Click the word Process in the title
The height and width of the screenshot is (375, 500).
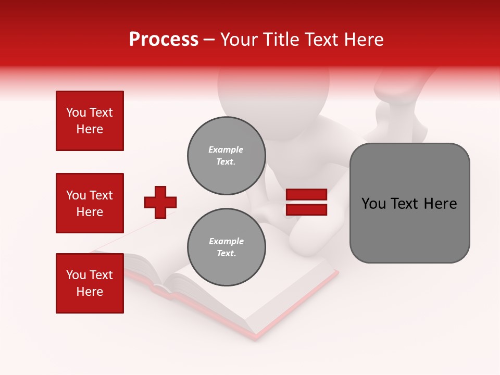coord(164,40)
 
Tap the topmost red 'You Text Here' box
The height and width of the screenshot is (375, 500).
coord(90,121)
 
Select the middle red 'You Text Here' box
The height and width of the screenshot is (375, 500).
coord(90,203)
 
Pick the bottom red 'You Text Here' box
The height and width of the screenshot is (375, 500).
coord(90,283)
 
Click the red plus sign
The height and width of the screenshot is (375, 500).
coord(160,202)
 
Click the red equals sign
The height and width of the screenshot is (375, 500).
coord(306,202)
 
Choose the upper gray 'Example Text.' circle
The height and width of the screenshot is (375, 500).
coord(226,156)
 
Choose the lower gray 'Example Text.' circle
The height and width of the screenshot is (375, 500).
coord(226,247)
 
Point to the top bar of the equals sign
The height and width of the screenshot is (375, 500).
coord(306,195)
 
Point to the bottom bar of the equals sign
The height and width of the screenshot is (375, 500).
coord(306,209)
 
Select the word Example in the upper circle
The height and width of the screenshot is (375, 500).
coord(226,149)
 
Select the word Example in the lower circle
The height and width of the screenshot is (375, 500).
coord(226,241)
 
